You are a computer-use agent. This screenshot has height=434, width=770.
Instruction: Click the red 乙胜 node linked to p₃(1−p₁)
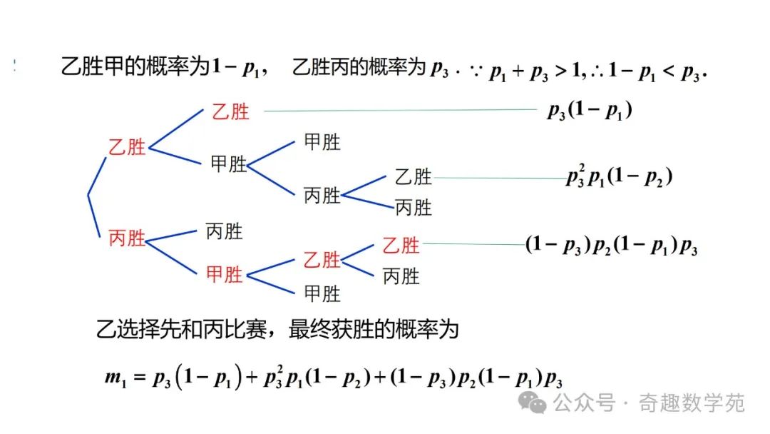coord(230,111)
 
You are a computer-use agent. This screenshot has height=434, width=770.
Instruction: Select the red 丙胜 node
coord(127,238)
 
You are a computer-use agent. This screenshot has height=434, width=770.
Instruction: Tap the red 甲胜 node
coord(225,273)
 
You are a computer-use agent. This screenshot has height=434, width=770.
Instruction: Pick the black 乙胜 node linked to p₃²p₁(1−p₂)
coord(414,176)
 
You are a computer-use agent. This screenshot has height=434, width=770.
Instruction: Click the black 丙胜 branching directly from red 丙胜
coord(224,231)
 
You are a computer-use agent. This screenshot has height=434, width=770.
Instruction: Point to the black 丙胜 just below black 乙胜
coord(414,208)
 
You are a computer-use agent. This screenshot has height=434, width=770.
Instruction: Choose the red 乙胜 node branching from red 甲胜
coord(322,260)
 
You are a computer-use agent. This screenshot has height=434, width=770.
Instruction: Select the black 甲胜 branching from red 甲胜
coord(322,293)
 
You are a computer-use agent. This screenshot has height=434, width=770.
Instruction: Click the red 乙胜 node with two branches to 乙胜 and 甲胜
coord(127,148)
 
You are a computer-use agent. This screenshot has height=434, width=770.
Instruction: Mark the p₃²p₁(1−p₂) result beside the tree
coord(619,178)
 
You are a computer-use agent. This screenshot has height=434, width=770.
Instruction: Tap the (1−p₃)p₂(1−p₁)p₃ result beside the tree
coord(611,246)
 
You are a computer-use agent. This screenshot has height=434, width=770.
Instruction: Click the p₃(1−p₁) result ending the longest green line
coord(590,111)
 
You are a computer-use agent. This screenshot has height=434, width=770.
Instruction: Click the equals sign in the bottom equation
coord(138,378)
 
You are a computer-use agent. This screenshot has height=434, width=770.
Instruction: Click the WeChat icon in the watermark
coord(534,403)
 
